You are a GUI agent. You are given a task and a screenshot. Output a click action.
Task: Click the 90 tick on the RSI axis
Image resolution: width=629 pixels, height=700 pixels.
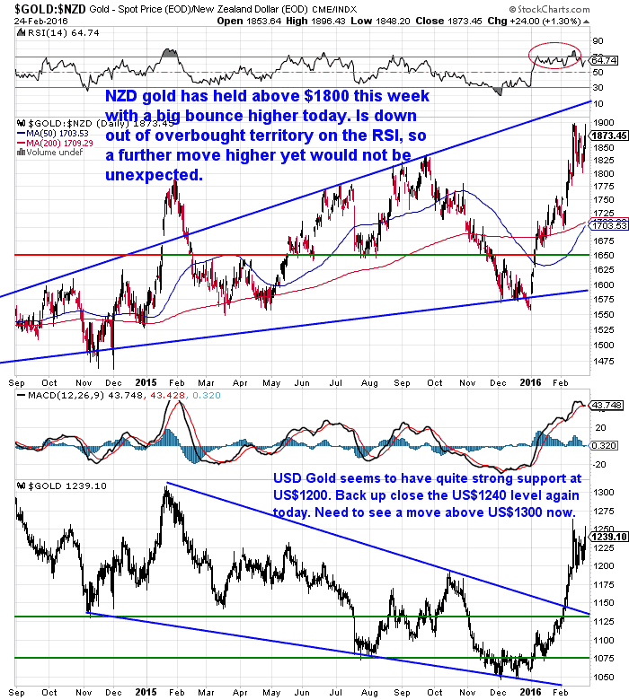click(597, 41)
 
